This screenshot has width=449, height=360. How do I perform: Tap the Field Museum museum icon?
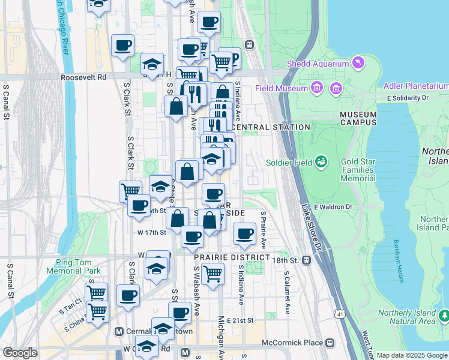click(x=335, y=89)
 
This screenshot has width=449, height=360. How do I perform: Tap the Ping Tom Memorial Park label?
click(x=77, y=266)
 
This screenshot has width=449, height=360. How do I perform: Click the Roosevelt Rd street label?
click(x=83, y=77)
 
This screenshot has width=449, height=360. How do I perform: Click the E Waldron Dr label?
click(x=333, y=206)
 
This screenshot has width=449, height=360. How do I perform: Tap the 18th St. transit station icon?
click(x=307, y=260)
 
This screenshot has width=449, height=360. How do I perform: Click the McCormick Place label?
click(x=292, y=343)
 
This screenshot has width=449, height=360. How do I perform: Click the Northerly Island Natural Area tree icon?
click(x=444, y=314)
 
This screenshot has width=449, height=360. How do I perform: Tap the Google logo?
click(x=20, y=353)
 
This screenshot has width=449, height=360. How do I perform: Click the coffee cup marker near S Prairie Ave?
click(x=244, y=234)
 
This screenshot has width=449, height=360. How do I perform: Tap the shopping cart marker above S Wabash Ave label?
click(x=213, y=273)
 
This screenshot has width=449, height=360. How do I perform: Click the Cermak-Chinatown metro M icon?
click(x=118, y=332)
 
